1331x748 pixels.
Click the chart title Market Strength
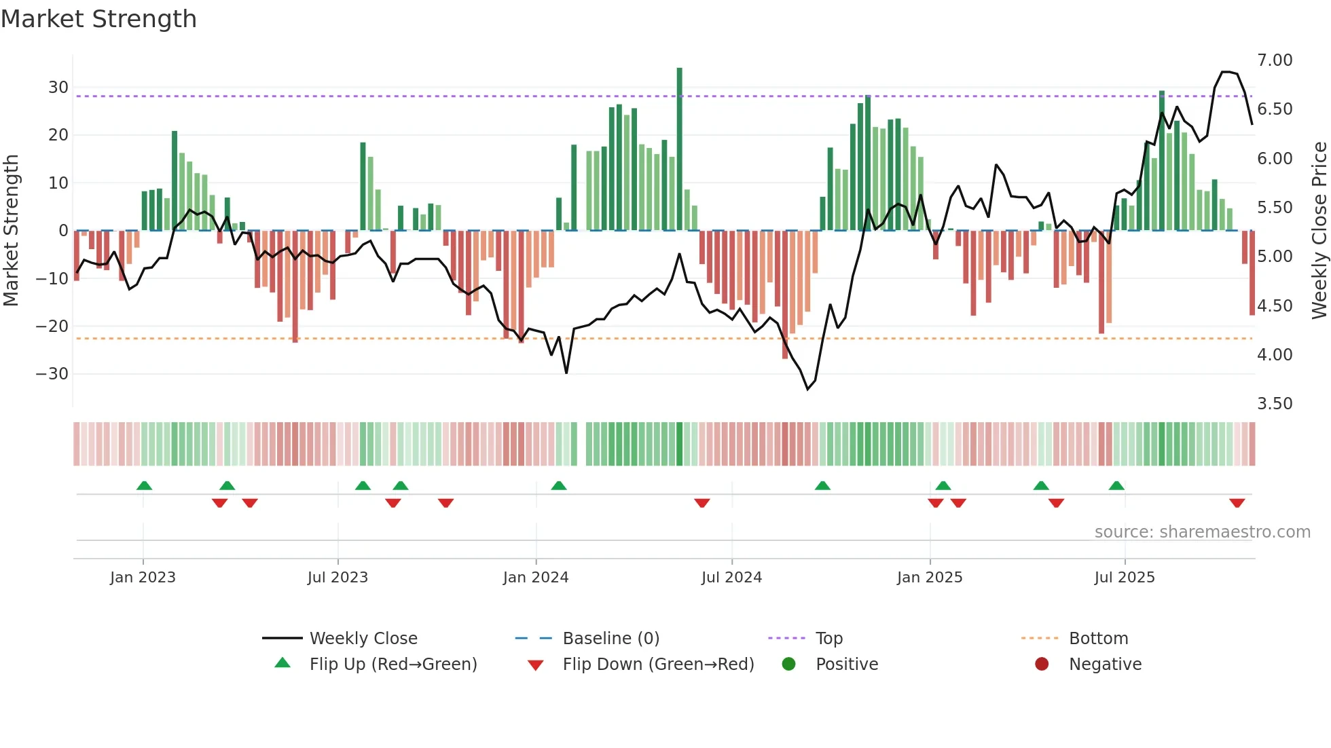[98, 19]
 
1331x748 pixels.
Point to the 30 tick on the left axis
[58, 88]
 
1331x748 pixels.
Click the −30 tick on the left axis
[52, 374]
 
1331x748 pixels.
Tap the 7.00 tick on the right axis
[1275, 60]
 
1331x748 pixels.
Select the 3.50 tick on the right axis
[1275, 404]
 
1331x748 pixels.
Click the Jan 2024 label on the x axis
[536, 578]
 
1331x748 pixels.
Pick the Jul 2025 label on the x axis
[1125, 578]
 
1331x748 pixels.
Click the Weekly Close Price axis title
[1319, 230]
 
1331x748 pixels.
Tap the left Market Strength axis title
[11, 230]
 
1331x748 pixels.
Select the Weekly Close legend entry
[363, 639]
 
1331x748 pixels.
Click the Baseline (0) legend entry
[610, 639]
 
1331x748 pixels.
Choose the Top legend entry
[828, 639]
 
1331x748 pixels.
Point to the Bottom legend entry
[1098, 639]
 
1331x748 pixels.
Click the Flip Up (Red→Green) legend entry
[393, 665]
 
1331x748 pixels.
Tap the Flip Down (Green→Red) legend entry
[658, 665]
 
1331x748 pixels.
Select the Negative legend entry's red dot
[1042, 664]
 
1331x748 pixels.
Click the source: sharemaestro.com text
[1202, 532]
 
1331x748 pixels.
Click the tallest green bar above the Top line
[679, 81]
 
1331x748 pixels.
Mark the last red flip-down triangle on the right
[1237, 503]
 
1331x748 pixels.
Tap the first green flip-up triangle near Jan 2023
[144, 485]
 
